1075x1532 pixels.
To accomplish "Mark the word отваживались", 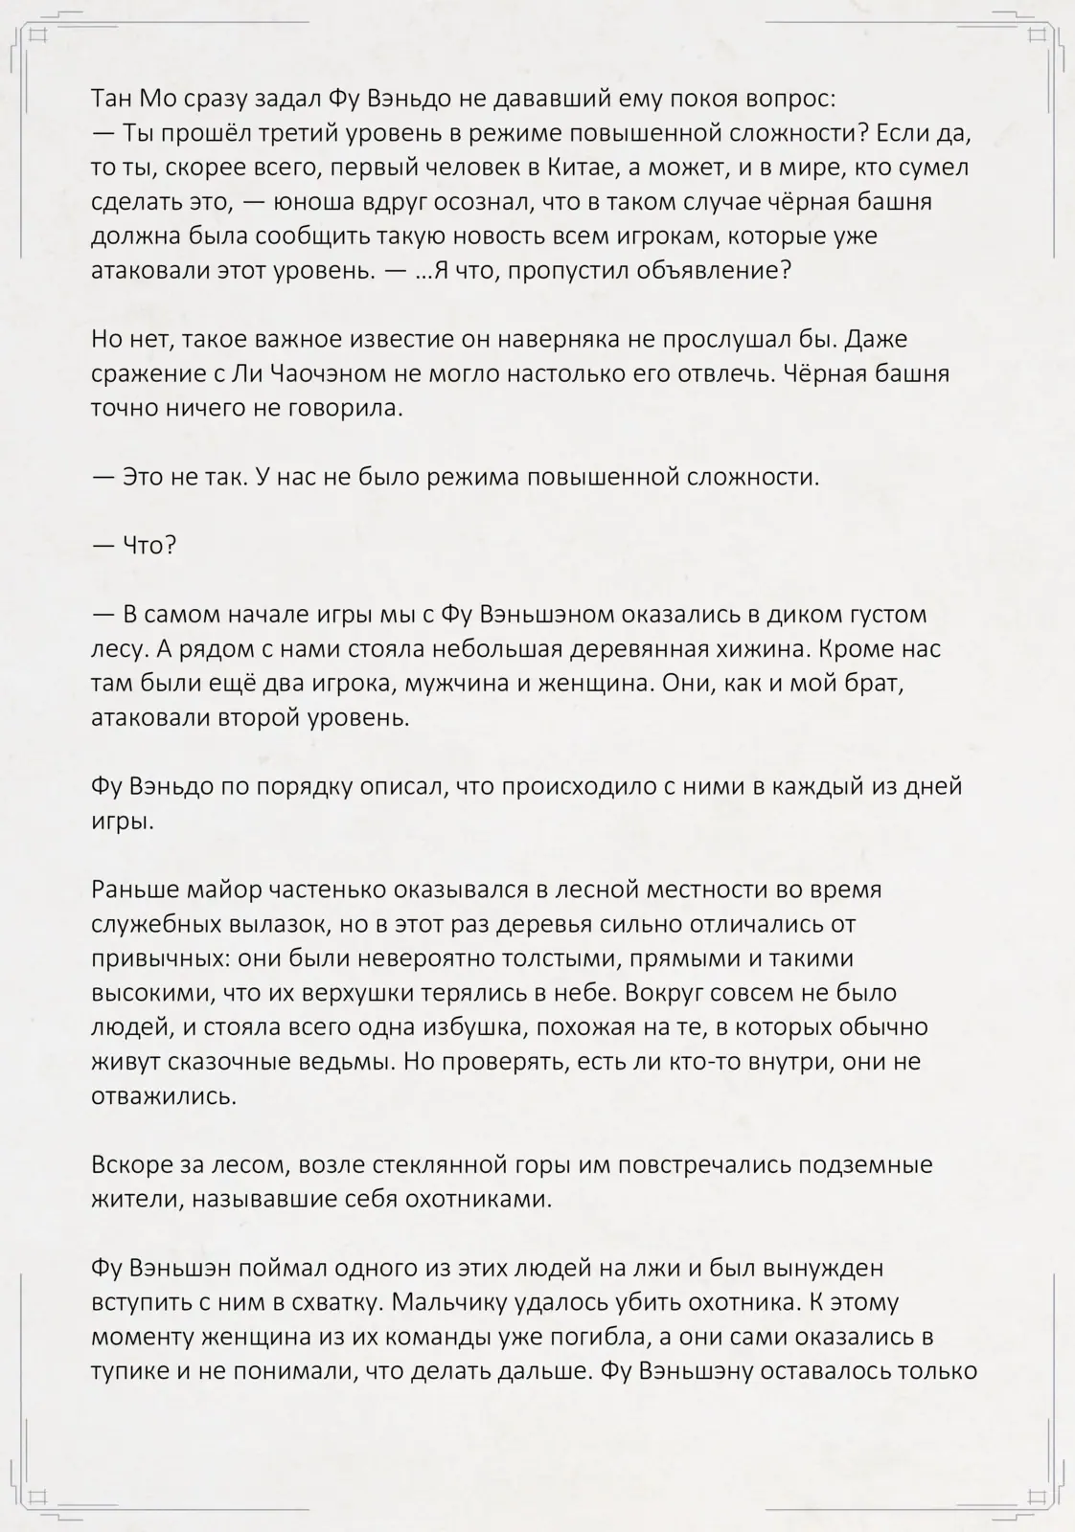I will pos(163,1096).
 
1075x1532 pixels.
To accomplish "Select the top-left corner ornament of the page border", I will pos(38,36).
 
